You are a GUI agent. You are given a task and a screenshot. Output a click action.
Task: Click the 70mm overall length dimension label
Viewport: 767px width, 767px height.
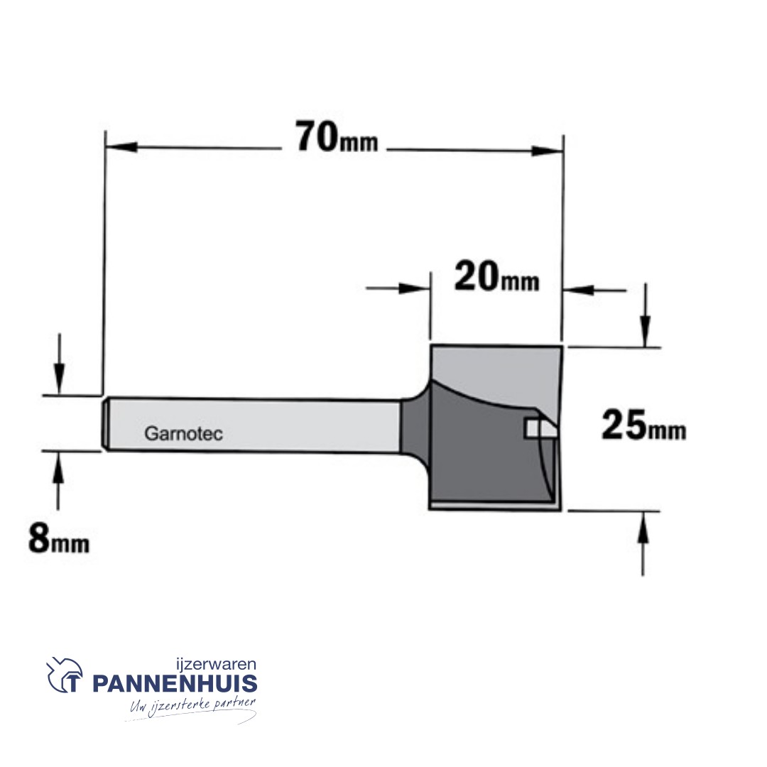[337, 138]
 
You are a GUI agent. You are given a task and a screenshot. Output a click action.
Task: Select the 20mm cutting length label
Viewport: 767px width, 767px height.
[496, 278]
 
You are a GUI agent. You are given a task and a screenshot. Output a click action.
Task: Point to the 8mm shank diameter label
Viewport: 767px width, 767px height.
[59, 540]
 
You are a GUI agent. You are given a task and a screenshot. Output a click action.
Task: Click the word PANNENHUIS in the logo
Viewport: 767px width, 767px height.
[175, 684]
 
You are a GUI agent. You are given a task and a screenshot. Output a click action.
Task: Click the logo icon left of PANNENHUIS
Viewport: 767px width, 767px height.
[65, 677]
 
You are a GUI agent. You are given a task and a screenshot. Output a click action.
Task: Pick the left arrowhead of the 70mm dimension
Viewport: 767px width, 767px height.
[121, 148]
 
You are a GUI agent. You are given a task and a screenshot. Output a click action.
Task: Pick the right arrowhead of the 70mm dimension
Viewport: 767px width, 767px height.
[548, 151]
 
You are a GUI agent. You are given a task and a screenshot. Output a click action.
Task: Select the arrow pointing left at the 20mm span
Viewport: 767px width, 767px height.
[580, 290]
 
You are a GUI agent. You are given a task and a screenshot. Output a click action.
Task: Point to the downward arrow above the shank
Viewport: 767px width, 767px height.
[60, 373]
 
